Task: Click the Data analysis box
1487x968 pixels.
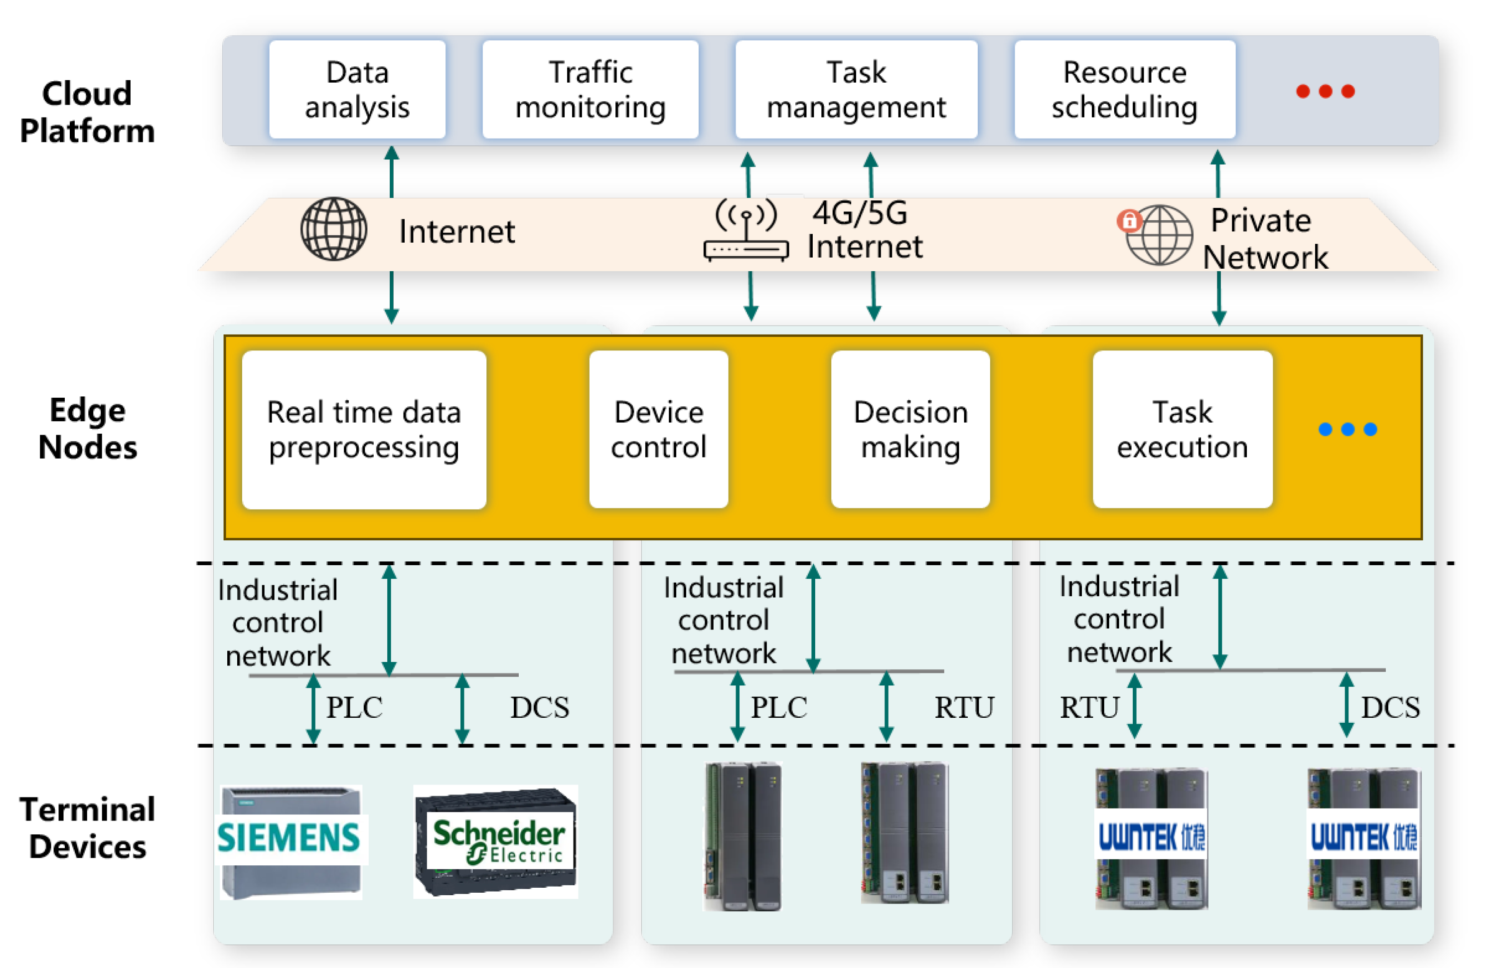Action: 357,89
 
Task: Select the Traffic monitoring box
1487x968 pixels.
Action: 590,89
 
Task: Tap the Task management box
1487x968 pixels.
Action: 856,89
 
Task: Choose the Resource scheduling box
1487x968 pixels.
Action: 1124,89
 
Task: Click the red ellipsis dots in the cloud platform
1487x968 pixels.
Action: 1325,91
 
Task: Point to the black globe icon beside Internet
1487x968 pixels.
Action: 334,229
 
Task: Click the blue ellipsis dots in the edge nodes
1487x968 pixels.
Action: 1347,429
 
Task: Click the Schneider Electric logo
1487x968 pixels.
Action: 499,840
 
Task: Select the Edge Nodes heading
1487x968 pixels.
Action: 88,429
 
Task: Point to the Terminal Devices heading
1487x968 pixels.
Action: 88,828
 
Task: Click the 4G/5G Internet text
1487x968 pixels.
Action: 864,229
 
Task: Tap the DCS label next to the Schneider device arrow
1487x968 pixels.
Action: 540,708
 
